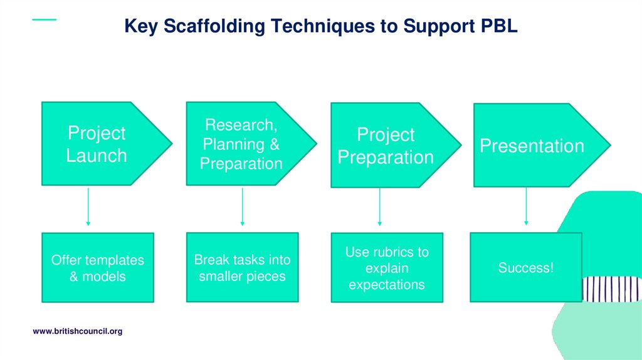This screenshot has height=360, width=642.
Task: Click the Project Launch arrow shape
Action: (x=97, y=144)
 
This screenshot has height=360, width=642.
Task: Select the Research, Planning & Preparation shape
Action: (x=241, y=144)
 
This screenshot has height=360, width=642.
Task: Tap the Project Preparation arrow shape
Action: (x=386, y=146)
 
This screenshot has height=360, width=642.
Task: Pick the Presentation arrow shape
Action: (x=532, y=146)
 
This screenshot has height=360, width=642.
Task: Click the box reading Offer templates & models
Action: (x=97, y=268)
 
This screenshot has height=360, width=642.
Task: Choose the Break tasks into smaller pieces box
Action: (x=242, y=268)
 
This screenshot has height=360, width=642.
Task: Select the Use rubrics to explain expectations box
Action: (x=387, y=268)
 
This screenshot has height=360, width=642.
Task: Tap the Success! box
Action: (x=525, y=268)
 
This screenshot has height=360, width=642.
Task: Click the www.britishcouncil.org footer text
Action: (x=77, y=331)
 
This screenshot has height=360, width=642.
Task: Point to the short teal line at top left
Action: (x=44, y=19)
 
